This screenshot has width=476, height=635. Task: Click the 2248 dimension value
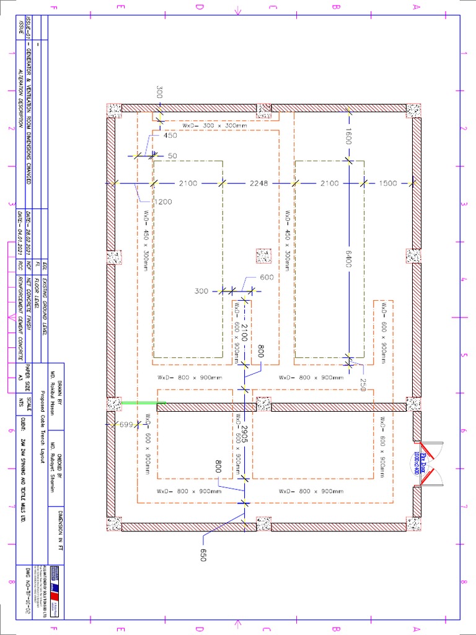tap(259, 183)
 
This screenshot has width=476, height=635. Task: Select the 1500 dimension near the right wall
tap(388, 183)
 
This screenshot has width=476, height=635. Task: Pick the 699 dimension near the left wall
tap(126, 425)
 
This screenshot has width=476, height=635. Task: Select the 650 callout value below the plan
tap(202, 554)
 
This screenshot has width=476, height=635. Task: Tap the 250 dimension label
tap(363, 381)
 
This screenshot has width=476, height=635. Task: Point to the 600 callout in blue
tap(267, 277)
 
